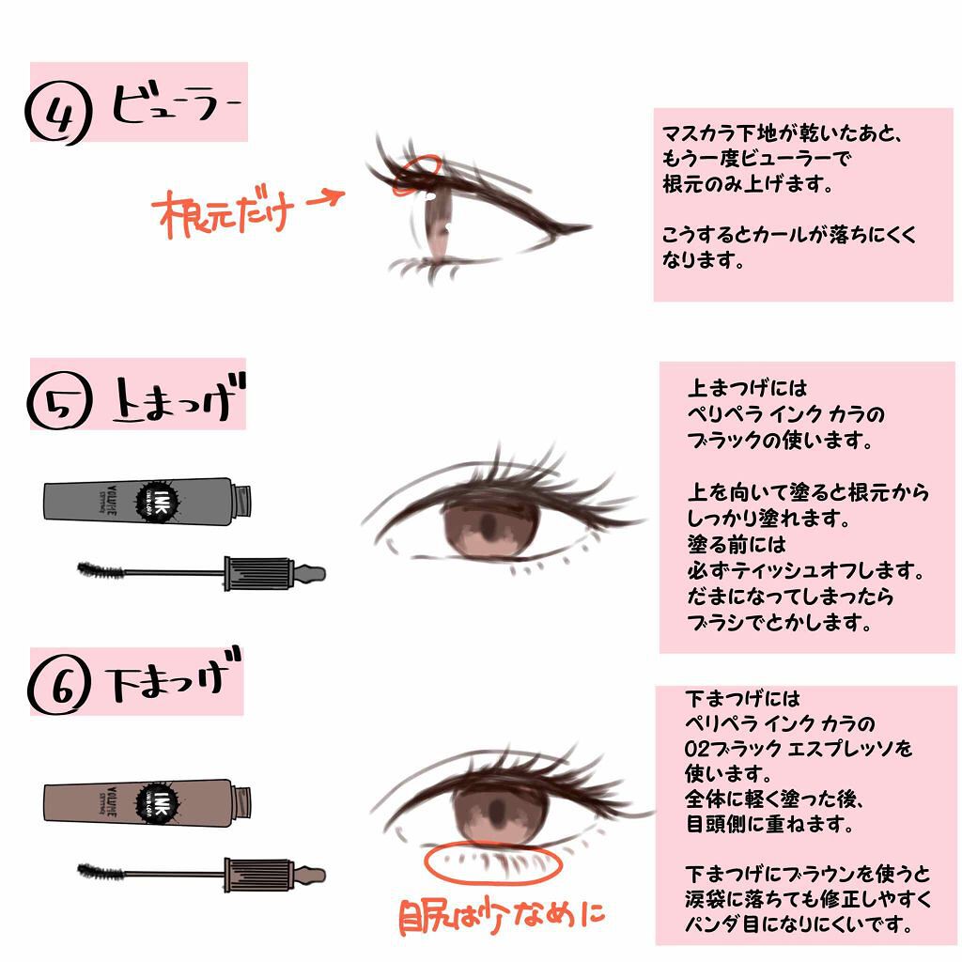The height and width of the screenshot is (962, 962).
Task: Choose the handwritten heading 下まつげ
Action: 173,678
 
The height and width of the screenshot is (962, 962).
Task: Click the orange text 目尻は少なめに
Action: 502,915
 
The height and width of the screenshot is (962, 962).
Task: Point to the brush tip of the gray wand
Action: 99,569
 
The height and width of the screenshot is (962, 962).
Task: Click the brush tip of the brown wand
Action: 99,871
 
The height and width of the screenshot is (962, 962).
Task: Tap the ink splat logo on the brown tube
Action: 150,799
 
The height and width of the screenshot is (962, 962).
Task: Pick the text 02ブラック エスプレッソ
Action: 799,750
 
